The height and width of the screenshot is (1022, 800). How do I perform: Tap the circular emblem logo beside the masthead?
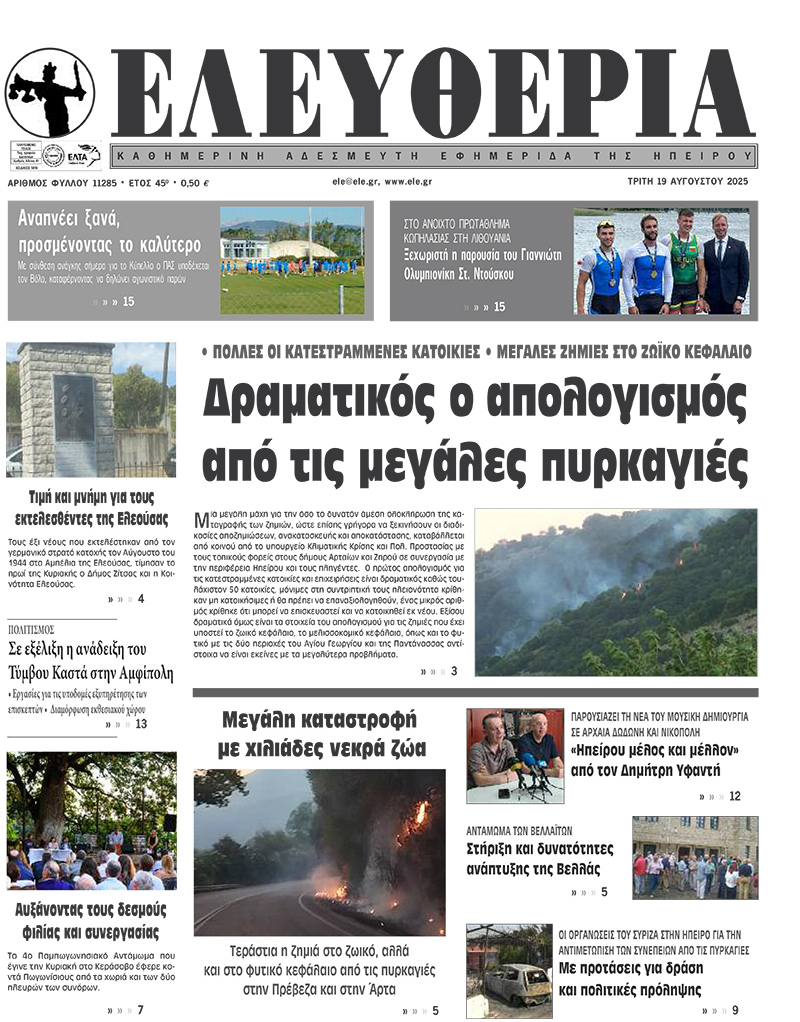pos(50,92)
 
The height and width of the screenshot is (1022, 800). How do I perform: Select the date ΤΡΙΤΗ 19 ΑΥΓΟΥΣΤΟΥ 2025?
pos(689,183)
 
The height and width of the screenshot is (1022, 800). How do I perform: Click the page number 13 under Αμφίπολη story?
pos(141,724)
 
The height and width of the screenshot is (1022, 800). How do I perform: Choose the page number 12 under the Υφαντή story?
pos(734,796)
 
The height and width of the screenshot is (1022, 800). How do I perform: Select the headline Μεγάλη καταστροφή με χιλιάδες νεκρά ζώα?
pos(321,733)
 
